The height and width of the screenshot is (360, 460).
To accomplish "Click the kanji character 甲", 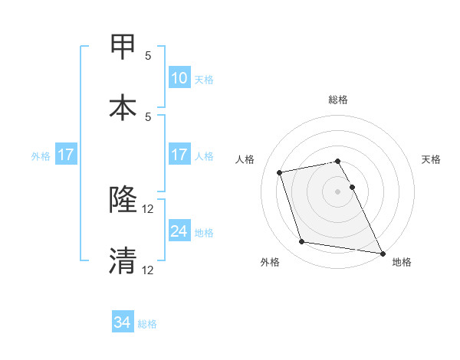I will (123, 47).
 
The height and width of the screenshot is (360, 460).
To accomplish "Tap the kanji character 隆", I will (123, 201).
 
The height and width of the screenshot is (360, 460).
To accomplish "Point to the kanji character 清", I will (123, 261).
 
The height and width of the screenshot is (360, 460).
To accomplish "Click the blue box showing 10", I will (179, 77).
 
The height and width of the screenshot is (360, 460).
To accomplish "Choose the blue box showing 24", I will (179, 231).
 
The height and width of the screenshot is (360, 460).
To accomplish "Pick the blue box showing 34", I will (123, 323).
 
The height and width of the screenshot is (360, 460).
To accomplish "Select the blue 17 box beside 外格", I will (66, 155).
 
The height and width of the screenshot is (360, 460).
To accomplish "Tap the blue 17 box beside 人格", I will (179, 155).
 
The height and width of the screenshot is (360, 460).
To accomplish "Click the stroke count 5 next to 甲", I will (148, 56).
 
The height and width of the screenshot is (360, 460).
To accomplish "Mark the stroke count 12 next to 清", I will (148, 270).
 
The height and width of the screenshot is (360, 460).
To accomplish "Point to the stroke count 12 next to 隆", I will (148, 209).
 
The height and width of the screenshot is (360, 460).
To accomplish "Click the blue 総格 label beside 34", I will (147, 324).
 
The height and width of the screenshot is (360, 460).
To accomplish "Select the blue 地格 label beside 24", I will (204, 232).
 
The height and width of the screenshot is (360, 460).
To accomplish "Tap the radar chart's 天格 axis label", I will (432, 159).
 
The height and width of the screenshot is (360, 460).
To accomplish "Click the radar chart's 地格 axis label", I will (402, 262).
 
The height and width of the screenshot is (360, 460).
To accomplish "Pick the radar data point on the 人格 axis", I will (280, 172).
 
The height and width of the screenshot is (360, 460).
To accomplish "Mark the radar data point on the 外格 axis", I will (302, 242).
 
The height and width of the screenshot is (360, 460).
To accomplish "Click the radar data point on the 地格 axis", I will (382, 252).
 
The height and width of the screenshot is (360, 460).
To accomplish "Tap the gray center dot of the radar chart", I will (337, 191).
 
